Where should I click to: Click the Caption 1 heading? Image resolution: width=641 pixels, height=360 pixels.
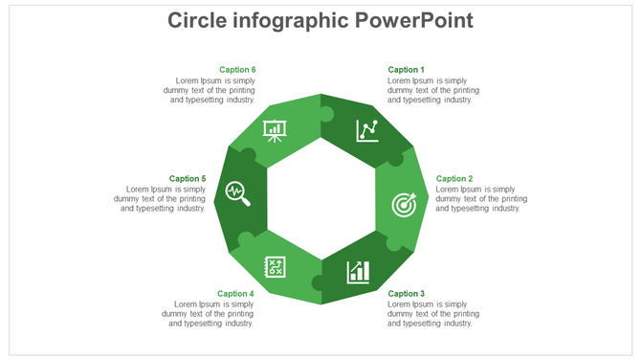pyautogui.click(x=406, y=70)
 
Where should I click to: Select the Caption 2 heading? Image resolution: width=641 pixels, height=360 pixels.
pyautogui.click(x=454, y=179)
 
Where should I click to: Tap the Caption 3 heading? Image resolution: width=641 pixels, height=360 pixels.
pyautogui.click(x=406, y=294)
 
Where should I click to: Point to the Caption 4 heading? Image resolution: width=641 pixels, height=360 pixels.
pyautogui.click(x=235, y=294)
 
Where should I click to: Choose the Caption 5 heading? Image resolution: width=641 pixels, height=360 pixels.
pyautogui.click(x=188, y=179)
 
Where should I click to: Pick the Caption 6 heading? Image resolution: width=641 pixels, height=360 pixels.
pyautogui.click(x=237, y=70)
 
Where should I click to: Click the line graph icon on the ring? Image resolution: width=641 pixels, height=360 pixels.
pyautogui.click(x=366, y=130)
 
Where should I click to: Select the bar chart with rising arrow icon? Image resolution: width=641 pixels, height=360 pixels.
pyautogui.click(x=359, y=272)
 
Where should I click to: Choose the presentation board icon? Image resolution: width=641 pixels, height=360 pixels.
pyautogui.click(x=275, y=130)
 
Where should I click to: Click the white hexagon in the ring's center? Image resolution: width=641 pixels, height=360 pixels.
pyautogui.click(x=320, y=199)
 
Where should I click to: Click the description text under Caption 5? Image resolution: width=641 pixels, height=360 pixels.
pyautogui.click(x=160, y=199)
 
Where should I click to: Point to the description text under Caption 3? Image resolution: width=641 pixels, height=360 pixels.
pyautogui.click(x=432, y=314)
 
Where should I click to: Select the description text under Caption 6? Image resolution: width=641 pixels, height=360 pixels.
pyautogui.click(x=210, y=90)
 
